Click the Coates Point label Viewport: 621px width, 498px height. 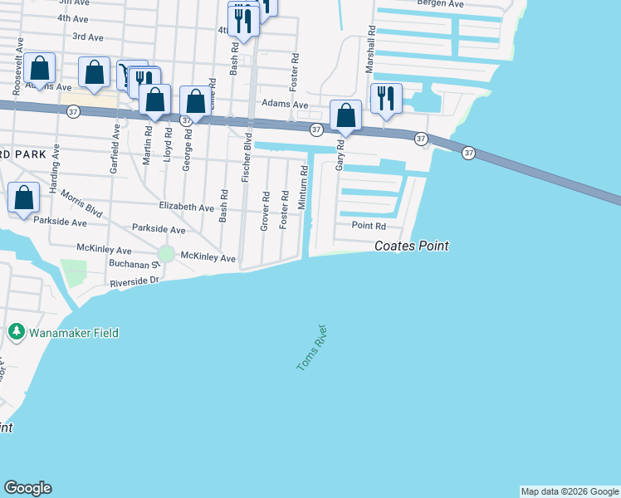pyautogui.click(x=411, y=246)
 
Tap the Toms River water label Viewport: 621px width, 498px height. pyautogui.click(x=307, y=348)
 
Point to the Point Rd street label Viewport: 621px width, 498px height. pyautogui.click(x=369, y=226)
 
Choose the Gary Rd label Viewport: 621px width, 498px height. pyautogui.click(x=340, y=156)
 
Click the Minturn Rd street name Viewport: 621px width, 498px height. pyautogui.click(x=305, y=184)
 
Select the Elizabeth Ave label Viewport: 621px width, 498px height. pyautogui.click(x=187, y=207)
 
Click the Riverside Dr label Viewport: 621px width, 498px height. pyautogui.click(x=134, y=281)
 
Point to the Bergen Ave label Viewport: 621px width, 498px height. pyautogui.click(x=444, y=4)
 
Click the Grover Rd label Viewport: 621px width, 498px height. pyautogui.click(x=266, y=211)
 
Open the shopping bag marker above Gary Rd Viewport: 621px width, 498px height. pyautogui.click(x=345, y=115)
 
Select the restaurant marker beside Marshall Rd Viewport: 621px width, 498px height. pyautogui.click(x=386, y=98)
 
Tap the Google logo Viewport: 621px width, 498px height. pyautogui.click(x=27, y=488)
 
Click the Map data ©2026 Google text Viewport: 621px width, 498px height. pyautogui.click(x=570, y=491)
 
